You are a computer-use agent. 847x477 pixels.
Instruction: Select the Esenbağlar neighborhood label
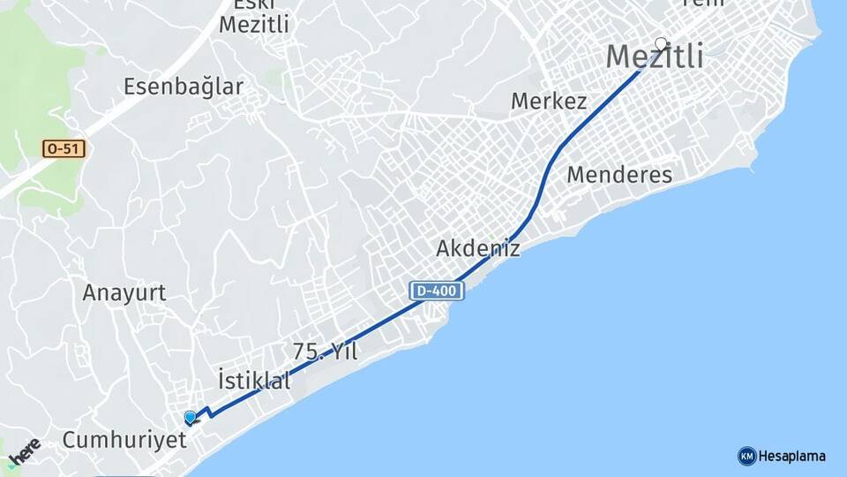click(184, 87)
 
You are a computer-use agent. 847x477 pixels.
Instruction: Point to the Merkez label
click(549, 102)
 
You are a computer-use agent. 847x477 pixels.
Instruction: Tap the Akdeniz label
click(478, 248)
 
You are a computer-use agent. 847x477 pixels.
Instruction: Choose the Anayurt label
click(124, 293)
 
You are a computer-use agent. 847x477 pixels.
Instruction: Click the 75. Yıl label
click(326, 352)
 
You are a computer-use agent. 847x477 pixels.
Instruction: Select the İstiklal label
click(254, 382)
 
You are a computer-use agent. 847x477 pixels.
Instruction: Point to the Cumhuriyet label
click(124, 440)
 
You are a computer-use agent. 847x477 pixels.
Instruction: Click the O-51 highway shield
click(64, 149)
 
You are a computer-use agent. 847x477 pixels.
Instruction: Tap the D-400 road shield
click(437, 290)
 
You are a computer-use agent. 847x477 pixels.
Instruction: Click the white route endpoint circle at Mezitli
click(662, 42)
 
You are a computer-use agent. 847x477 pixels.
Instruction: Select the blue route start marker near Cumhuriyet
click(191, 417)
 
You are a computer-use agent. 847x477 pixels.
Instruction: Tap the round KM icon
click(746, 456)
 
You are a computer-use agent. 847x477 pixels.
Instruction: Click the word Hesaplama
click(791, 456)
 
